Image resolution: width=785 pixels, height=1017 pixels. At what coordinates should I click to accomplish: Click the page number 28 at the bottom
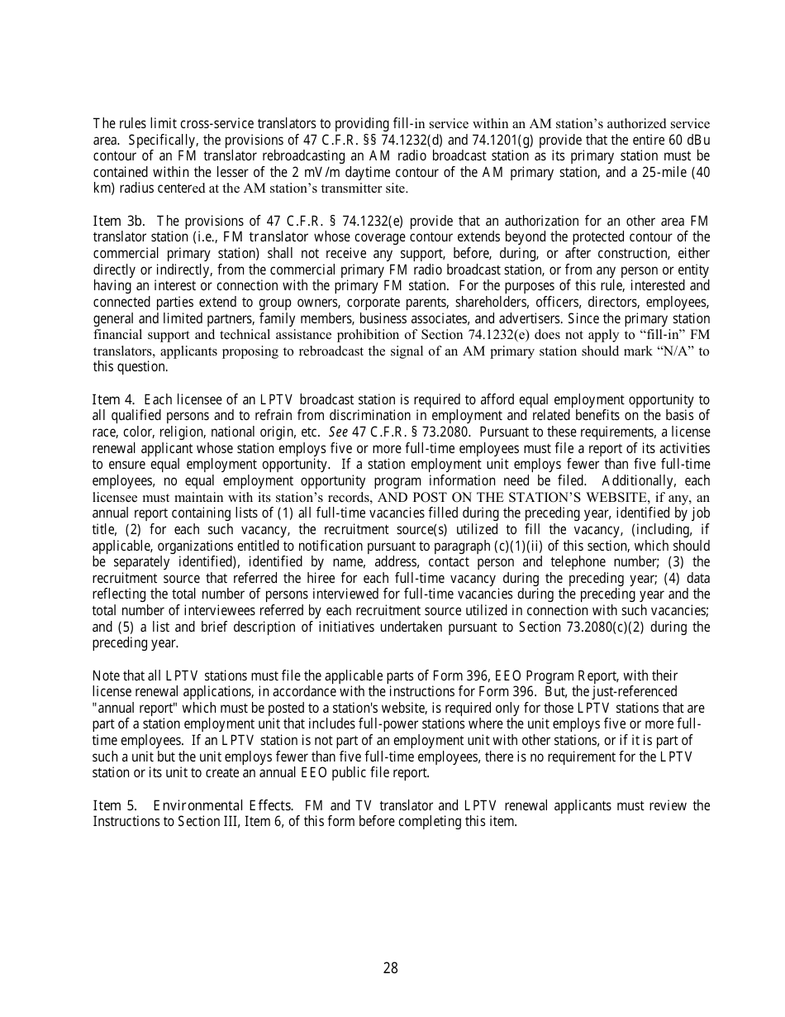[x=391, y=968]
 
